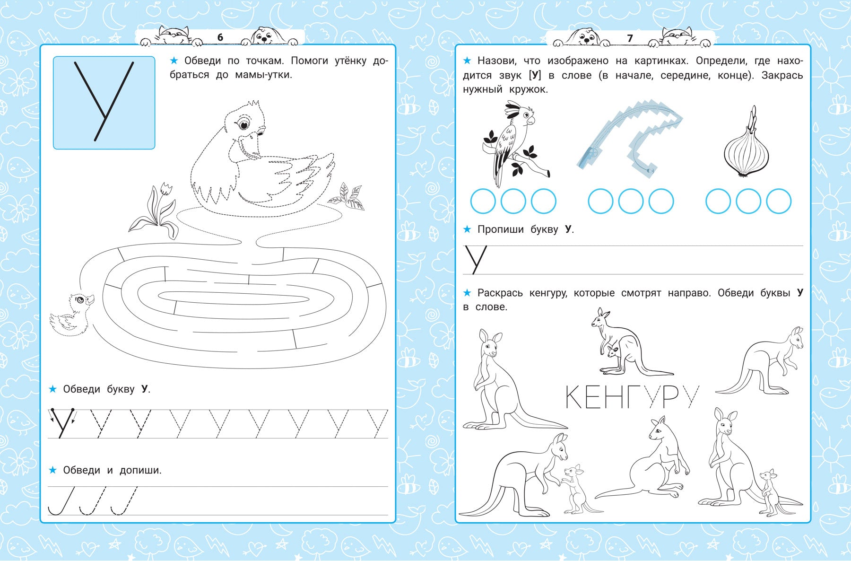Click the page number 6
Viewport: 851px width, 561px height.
point(220,37)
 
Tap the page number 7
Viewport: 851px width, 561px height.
point(630,38)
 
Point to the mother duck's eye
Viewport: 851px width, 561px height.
point(244,124)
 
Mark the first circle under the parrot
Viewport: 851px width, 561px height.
point(483,201)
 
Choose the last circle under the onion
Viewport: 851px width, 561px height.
point(779,201)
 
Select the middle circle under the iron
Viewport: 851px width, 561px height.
point(631,201)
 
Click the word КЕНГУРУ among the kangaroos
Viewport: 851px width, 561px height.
point(632,397)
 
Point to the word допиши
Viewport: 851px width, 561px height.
point(140,470)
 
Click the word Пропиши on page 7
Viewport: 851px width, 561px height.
point(501,229)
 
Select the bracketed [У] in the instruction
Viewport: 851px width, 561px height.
point(535,75)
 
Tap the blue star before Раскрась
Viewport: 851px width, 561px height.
point(467,293)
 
